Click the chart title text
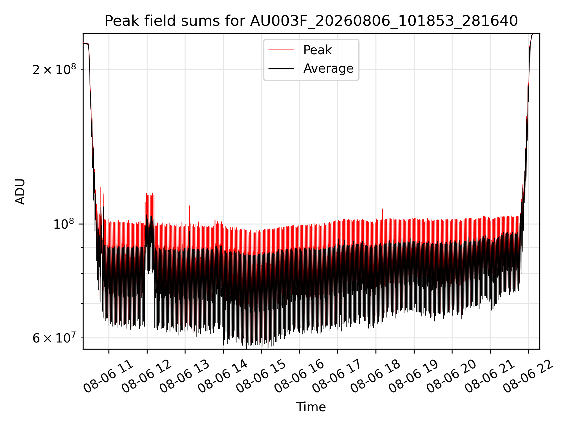[x=311, y=21]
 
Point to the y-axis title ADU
[x=20, y=191]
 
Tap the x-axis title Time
[x=311, y=407]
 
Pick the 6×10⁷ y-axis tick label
[x=54, y=337]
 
